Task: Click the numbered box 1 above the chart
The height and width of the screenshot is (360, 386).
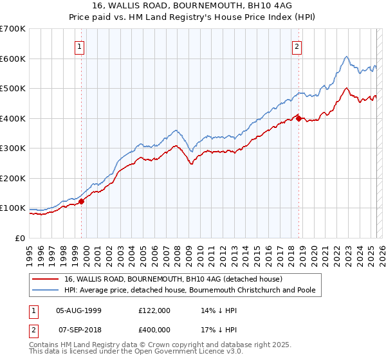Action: click(78, 46)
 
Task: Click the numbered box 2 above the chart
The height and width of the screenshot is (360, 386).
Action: click(297, 46)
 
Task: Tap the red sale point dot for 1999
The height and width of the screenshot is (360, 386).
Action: click(82, 201)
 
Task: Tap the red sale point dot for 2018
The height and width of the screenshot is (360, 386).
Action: click(299, 118)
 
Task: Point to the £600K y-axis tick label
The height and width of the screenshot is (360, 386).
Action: click(13, 59)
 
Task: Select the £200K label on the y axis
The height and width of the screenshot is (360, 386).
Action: click(13, 178)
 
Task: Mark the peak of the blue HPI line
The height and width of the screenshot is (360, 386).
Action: click(346, 57)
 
